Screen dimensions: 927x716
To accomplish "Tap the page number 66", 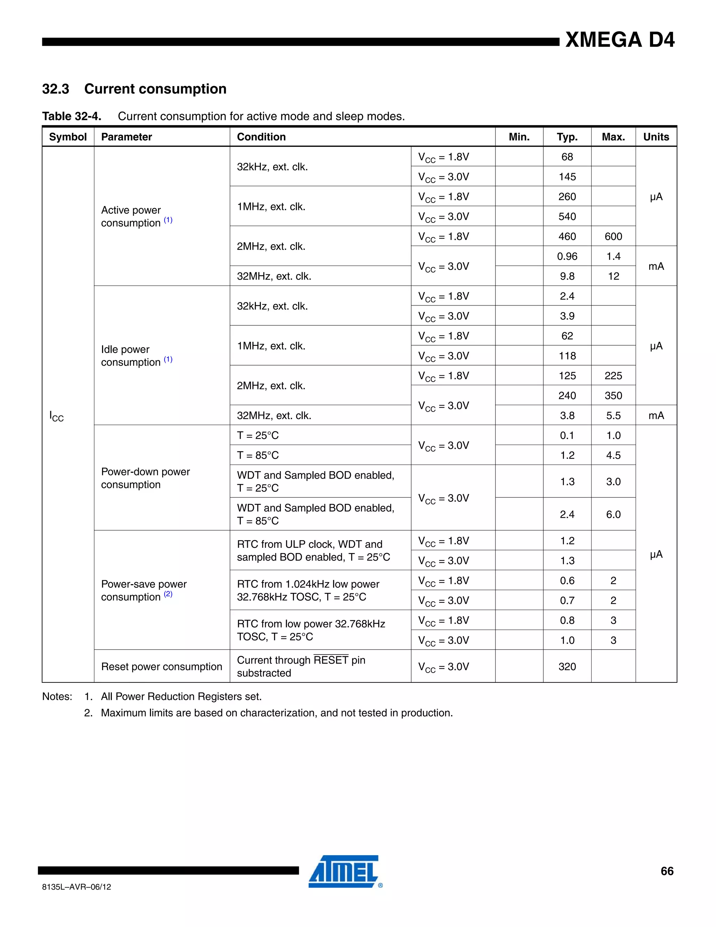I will tap(667, 871).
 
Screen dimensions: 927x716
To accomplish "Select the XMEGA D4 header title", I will tap(620, 40).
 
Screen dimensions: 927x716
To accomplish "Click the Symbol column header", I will tap(68, 137).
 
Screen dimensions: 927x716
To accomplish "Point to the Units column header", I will tap(656, 137).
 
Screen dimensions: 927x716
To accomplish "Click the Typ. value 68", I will tap(567, 157).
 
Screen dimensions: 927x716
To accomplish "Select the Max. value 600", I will tap(613, 236).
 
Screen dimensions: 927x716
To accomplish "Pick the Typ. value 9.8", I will tap(567, 276).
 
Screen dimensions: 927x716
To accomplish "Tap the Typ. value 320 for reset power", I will tap(567, 666).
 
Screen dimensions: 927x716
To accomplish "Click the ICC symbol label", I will tap(56, 416).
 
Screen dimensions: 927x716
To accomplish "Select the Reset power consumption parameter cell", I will tap(161, 666).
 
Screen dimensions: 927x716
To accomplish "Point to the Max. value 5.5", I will tap(613, 416).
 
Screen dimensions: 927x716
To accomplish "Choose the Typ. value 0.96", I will tap(567, 256).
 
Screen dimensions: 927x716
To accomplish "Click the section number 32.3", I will tap(56, 89).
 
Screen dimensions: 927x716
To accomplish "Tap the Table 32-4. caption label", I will tap(72, 116).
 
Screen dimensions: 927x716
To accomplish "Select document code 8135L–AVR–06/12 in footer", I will tap(76, 887).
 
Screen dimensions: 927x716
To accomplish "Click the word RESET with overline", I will tap(331, 660).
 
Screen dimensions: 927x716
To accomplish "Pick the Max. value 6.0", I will tap(613, 515).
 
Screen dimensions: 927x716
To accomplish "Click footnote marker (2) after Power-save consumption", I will tap(168, 594).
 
